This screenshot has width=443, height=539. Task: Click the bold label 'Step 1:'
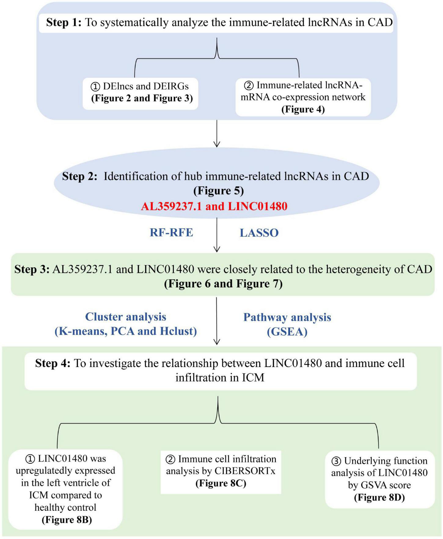(x=64, y=23)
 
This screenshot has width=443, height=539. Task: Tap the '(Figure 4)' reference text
(x=303, y=109)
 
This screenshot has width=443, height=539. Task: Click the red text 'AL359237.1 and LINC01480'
(x=214, y=206)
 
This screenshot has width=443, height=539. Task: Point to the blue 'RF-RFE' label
(x=171, y=233)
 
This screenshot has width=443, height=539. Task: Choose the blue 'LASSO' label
(x=259, y=233)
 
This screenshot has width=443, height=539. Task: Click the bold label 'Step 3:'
(x=32, y=269)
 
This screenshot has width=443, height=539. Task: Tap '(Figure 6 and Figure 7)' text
(x=223, y=284)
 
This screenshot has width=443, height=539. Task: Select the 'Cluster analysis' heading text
(x=126, y=317)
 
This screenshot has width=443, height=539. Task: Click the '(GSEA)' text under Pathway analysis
(x=287, y=332)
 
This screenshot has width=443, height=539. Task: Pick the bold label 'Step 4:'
(x=53, y=363)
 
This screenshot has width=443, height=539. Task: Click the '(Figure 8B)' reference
(x=67, y=520)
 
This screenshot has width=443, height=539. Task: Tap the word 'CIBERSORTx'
(x=245, y=471)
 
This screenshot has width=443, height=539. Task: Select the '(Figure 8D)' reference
(x=379, y=497)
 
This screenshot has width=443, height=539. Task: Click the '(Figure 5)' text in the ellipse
(x=218, y=191)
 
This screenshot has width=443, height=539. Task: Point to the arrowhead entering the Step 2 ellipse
(x=217, y=144)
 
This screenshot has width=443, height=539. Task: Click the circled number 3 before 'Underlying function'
(x=336, y=461)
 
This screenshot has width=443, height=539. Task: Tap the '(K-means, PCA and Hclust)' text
(x=126, y=331)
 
